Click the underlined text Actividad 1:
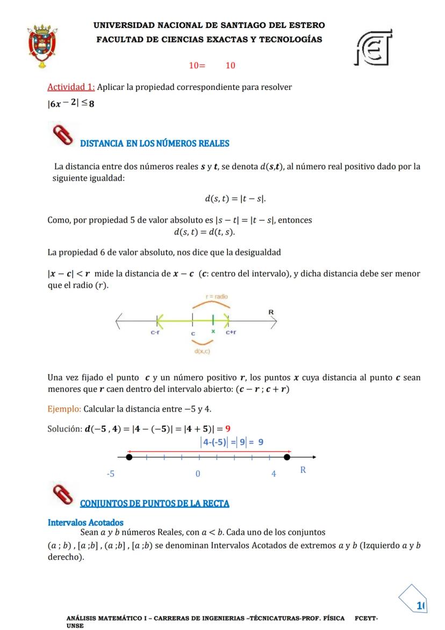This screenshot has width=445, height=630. click(71, 87)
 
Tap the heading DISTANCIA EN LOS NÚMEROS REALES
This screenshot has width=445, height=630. click(154, 143)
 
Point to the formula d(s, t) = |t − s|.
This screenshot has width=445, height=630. click(235, 199)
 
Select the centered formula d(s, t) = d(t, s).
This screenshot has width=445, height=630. click(204, 232)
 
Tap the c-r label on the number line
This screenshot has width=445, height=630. click(155, 333)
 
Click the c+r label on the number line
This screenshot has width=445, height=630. click(231, 333)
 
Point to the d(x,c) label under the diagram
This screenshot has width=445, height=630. click(202, 351)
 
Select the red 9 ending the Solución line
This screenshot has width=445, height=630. click(228, 429)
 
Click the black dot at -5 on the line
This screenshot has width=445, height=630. click(129, 457)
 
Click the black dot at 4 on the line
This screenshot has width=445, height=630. click(287, 457)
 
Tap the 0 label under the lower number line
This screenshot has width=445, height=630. click(197, 474)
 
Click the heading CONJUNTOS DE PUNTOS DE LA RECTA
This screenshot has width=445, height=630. click(154, 504)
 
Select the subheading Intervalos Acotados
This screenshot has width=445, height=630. click(85, 522)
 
